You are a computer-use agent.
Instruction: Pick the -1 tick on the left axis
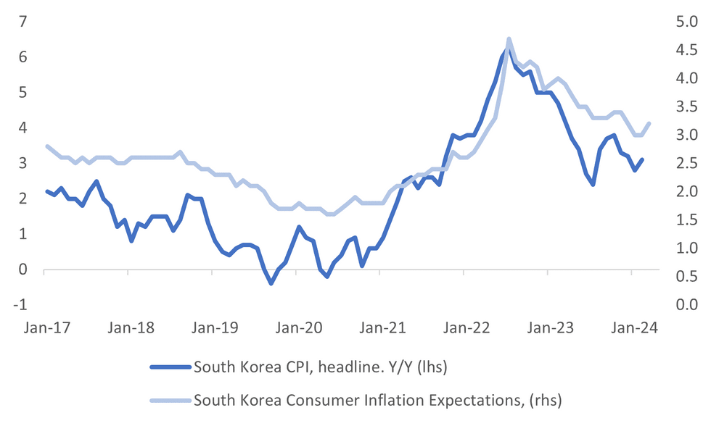(x=22, y=304)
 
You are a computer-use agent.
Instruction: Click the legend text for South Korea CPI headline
(x=320, y=367)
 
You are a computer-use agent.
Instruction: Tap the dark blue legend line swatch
(x=170, y=367)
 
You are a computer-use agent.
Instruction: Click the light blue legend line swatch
(x=170, y=399)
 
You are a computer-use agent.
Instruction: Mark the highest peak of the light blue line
(x=509, y=39)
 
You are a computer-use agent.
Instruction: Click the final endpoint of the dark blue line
(x=642, y=159)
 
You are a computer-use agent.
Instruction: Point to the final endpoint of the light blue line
(x=649, y=123)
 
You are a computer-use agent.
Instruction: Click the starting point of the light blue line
(x=46, y=146)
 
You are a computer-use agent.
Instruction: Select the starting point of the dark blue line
(x=46, y=191)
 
